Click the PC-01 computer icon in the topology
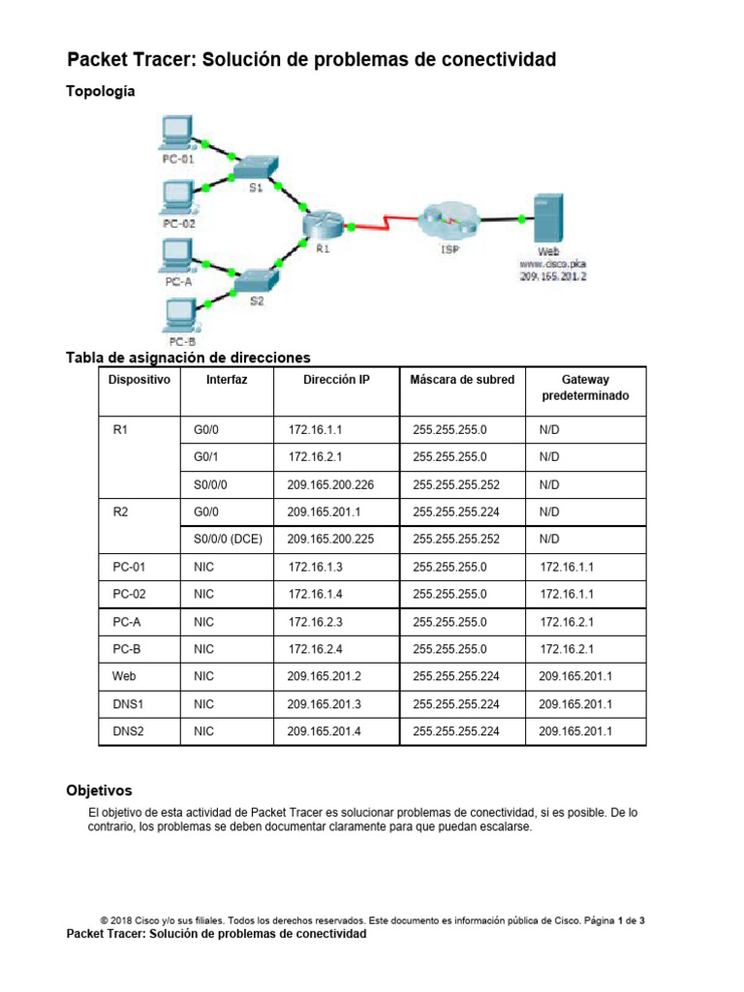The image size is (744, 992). tap(176, 132)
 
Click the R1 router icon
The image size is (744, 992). tap(322, 224)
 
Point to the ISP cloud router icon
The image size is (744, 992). tap(448, 220)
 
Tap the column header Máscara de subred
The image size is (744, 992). tap(462, 380)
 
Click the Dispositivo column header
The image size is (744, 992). tap(139, 380)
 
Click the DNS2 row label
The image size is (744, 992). tap(128, 731)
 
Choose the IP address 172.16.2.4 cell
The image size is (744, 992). tap(316, 649)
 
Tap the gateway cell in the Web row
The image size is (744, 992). tap(575, 676)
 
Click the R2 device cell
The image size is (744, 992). tap(121, 511)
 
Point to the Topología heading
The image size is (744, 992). tap(100, 92)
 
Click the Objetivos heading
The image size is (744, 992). tap(99, 790)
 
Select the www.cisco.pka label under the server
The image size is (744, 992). tap(553, 263)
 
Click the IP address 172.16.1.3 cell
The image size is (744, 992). tap(316, 566)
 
